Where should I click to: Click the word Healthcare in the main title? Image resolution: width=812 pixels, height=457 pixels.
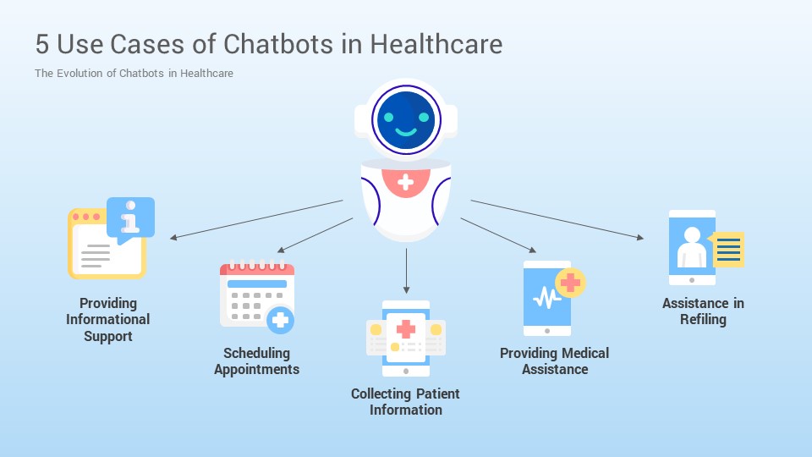[x=436, y=43]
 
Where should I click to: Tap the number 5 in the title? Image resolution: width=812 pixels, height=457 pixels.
[x=42, y=44]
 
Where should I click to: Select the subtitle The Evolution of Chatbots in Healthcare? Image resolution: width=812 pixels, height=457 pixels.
[x=134, y=73]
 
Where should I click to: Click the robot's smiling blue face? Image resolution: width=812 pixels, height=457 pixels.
[x=406, y=120]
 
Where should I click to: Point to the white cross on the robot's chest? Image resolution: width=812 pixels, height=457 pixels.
[x=405, y=182]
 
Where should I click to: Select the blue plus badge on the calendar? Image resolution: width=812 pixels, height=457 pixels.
[x=280, y=320]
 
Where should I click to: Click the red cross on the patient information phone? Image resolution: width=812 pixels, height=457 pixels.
[x=406, y=328]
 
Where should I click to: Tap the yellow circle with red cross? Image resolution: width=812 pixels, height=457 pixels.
[x=570, y=283]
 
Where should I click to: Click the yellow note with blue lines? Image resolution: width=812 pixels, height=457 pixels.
[x=727, y=249]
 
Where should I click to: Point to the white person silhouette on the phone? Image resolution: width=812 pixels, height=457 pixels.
[x=692, y=248]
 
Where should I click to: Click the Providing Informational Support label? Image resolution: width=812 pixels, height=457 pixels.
[x=108, y=320]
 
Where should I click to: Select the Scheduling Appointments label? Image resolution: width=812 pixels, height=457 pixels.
[x=257, y=361]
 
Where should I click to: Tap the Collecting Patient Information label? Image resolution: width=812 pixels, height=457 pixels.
[x=405, y=401]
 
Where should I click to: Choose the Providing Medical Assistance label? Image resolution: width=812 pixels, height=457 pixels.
[x=555, y=361]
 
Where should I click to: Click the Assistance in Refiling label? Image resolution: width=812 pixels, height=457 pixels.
[x=703, y=311]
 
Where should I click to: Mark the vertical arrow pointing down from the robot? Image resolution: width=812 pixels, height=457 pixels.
[x=406, y=271]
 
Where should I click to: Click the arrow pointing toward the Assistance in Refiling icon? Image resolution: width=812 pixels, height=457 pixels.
[x=557, y=220]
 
